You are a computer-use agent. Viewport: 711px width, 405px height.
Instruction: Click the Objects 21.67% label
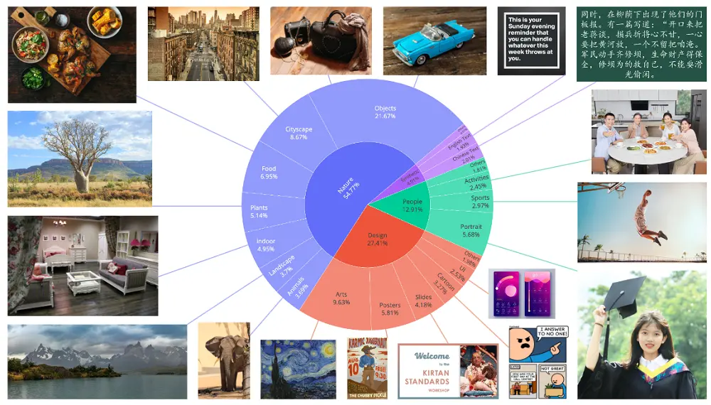coord(385,112)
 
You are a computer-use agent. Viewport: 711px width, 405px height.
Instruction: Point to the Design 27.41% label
coord(378,239)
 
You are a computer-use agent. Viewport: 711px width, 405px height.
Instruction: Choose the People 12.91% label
coord(412,206)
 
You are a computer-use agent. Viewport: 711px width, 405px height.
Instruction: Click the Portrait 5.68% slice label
coord(471,230)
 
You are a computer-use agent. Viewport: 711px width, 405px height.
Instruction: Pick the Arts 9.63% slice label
coord(341,298)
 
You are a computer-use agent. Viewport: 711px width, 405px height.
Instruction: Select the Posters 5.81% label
coord(390,309)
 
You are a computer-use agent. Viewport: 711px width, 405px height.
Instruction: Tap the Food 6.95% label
coord(269,172)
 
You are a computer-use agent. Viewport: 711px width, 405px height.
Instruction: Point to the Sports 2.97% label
coord(481,202)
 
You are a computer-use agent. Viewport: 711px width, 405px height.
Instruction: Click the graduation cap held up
coord(624,294)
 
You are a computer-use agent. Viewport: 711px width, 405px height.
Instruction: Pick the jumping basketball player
coord(648,213)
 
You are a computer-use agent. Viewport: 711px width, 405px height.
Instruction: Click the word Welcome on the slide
coord(432,356)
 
